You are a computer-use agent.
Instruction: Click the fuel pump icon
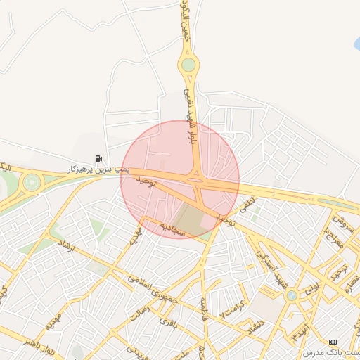click(98, 158)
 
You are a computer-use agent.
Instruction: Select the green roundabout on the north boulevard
click(188, 66)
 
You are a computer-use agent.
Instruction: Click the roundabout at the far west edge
click(31, 183)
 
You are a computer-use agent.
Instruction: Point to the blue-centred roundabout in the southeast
click(291, 296)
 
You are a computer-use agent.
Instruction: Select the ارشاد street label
click(68, 250)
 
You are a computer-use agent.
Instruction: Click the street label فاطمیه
click(205, 306)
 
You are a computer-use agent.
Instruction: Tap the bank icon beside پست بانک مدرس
click(333, 341)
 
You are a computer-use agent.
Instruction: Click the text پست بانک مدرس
click(332, 352)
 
